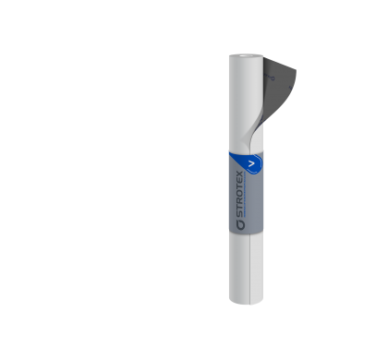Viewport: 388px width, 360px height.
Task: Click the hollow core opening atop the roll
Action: point(245,56)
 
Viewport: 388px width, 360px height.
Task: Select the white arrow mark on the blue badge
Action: point(252,164)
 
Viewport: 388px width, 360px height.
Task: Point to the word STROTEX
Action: point(239,194)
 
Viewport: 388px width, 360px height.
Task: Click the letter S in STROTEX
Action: point(239,214)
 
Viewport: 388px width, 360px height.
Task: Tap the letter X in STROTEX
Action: point(239,174)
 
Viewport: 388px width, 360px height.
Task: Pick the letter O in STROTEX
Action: point(239,194)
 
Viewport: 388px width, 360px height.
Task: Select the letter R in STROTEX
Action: point(239,201)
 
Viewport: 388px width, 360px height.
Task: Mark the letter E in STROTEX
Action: point(239,181)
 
